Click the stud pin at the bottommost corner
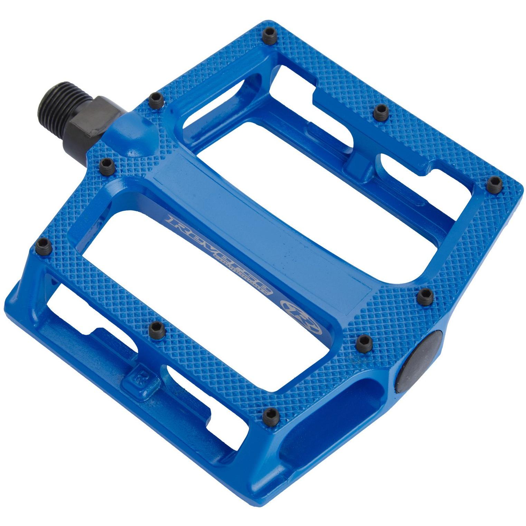tap(270, 414)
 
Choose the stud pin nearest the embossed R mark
tap(157, 328)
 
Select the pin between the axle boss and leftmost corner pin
tap(106, 165)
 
